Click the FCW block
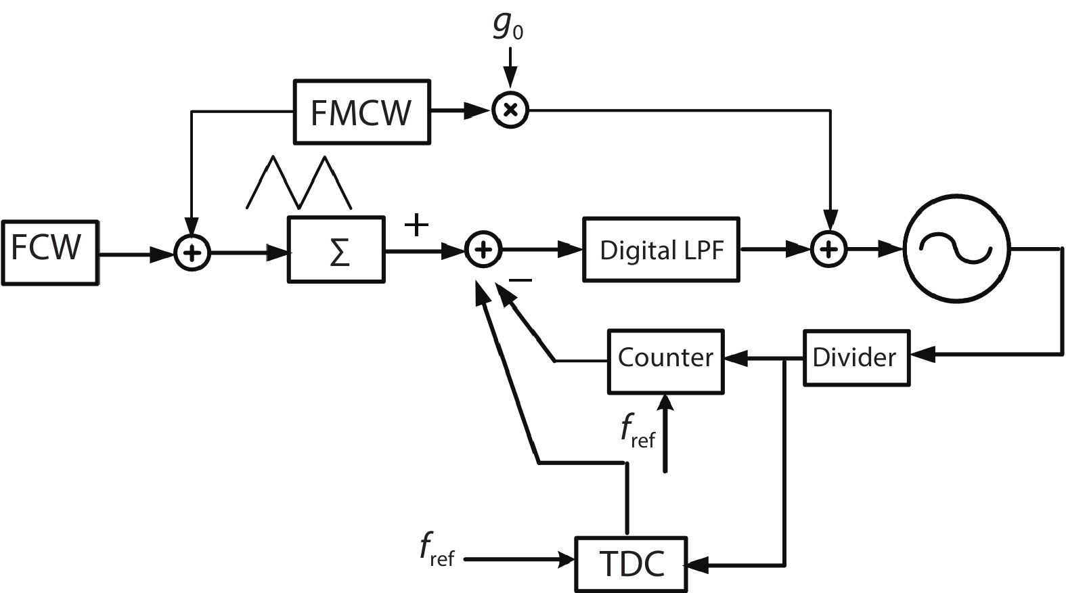pyautogui.click(x=49, y=252)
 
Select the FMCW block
pyautogui.click(x=361, y=112)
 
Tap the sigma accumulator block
pyautogui.click(x=336, y=249)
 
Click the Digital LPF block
pyautogui.click(x=661, y=250)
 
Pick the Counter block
pyautogui.click(x=665, y=361)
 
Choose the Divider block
pyautogui.click(x=856, y=358)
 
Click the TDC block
pyautogui.click(x=631, y=564)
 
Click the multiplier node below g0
pyautogui.click(x=510, y=110)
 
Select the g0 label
pyautogui.click(x=508, y=26)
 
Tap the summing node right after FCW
pyautogui.click(x=192, y=253)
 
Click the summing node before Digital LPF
pyautogui.click(x=483, y=250)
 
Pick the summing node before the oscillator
pyautogui.click(x=829, y=250)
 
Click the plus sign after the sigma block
pyautogui.click(x=416, y=225)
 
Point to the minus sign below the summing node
pyautogui.click(x=520, y=280)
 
